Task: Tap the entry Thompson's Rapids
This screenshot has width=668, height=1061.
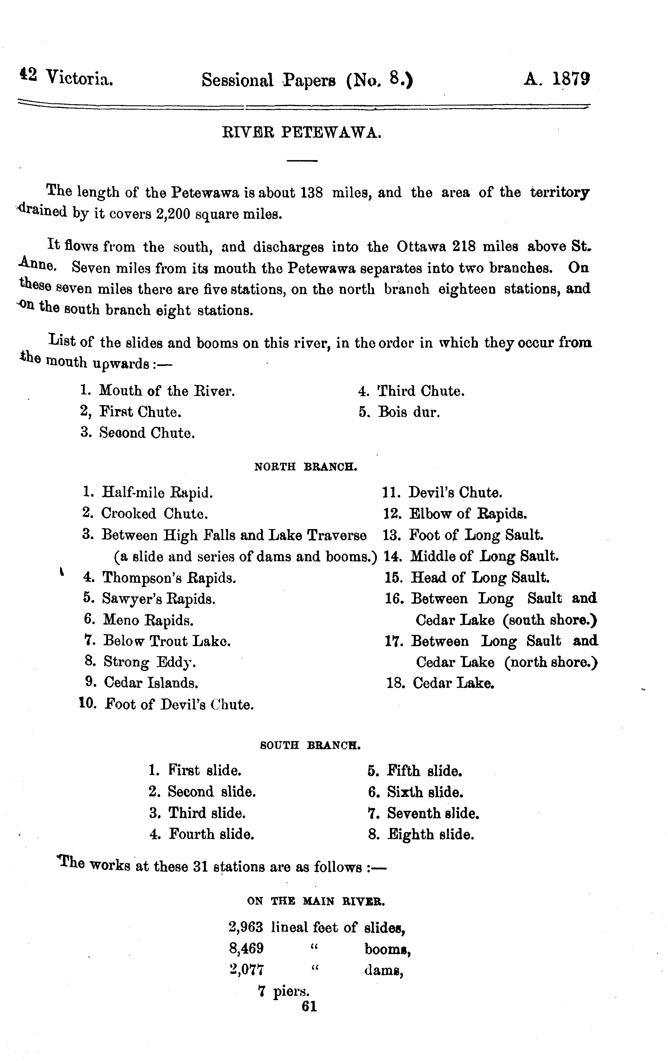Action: point(169,578)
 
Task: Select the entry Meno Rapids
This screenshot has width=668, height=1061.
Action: point(148,620)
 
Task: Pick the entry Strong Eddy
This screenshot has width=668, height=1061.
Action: point(150,662)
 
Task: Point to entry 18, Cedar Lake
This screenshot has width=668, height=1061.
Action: point(453,683)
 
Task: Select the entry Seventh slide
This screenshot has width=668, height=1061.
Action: point(433,813)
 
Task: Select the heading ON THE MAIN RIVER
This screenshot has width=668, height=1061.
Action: point(316,901)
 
